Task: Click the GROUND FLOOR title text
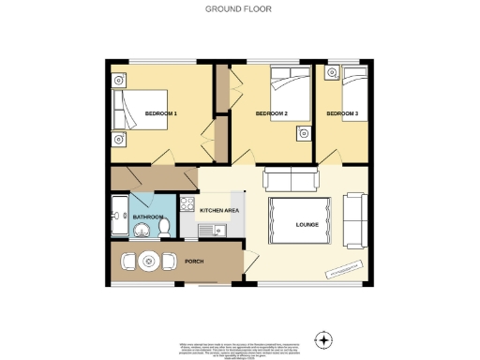coord(239,9)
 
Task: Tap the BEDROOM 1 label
coord(161,113)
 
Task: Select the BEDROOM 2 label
coord(271,113)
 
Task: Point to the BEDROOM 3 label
coord(342,113)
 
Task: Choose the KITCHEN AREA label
coord(219,211)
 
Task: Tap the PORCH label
coord(194,261)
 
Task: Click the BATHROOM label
coord(147,217)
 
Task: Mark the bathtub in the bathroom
coord(119,217)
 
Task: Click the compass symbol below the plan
coord(323,338)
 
